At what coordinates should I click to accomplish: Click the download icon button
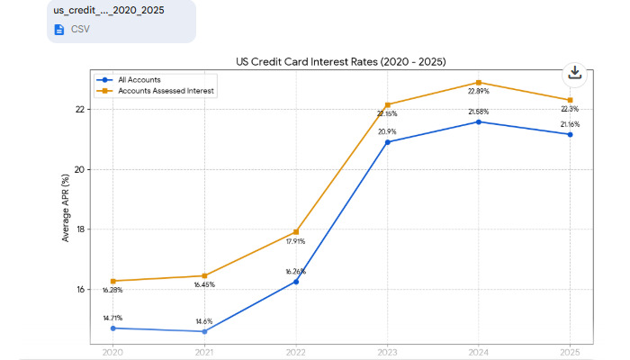(x=574, y=74)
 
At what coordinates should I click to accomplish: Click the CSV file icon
(x=59, y=29)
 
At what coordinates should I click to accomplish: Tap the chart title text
(x=340, y=61)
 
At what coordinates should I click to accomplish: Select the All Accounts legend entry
(x=139, y=80)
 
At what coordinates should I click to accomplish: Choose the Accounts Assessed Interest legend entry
(x=166, y=91)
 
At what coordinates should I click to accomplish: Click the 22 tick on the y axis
(x=80, y=110)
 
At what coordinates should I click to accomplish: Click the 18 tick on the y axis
(x=80, y=229)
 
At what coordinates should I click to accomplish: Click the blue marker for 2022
(x=296, y=282)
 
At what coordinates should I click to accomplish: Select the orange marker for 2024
(x=478, y=83)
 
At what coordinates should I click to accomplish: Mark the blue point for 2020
(x=113, y=328)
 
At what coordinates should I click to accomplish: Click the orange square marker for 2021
(x=204, y=275)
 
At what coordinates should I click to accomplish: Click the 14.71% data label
(x=113, y=318)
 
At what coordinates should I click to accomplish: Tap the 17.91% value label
(x=296, y=241)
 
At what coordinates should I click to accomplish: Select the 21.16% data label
(x=569, y=124)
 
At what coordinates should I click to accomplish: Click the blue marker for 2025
(x=569, y=135)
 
